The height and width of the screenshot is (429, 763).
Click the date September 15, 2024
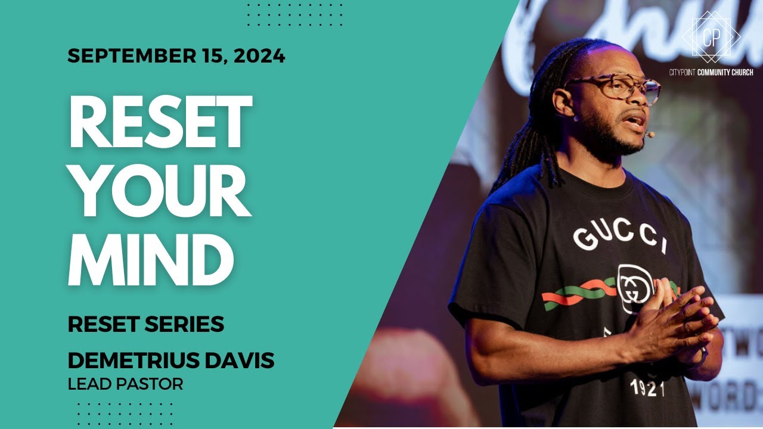coord(176,56)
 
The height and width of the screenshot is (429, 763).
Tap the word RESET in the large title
coord(160,122)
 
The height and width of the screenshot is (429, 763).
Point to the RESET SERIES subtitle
coord(146,325)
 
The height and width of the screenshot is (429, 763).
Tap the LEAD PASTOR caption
coord(125,384)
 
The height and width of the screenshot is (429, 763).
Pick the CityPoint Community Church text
coord(711,72)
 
